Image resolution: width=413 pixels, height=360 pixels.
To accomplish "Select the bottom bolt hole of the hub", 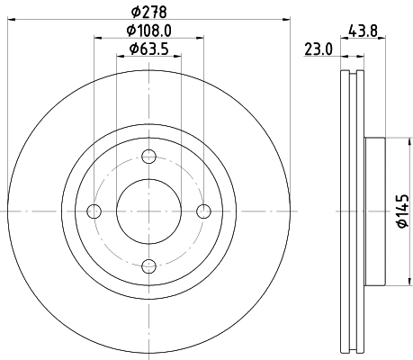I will click(x=148, y=265).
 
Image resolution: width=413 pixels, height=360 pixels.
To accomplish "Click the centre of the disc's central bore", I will click(x=148, y=211).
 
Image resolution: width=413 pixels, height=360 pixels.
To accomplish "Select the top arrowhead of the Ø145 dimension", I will click(x=392, y=141).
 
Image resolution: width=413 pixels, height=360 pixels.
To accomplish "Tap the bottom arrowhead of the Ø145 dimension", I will click(x=392, y=282).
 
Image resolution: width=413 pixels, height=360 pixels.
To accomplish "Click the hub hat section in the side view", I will click(x=373, y=211).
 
